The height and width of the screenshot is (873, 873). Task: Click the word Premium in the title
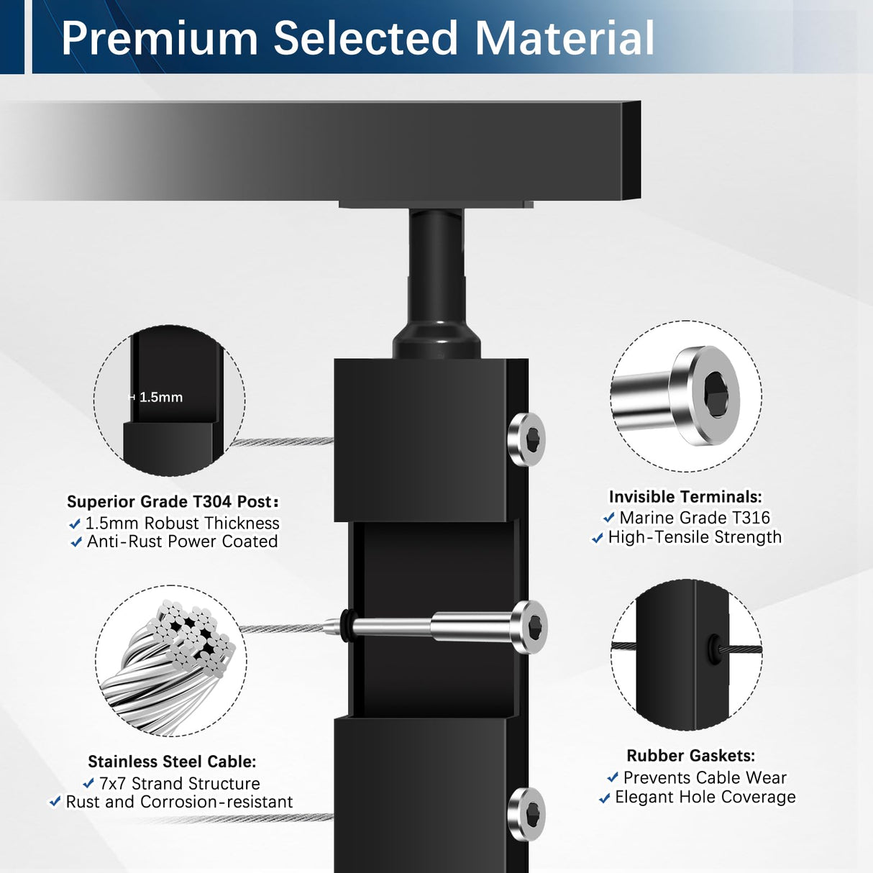coord(159,38)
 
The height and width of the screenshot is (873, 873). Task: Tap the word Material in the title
coord(565,38)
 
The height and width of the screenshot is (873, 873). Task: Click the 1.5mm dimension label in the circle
coord(160,397)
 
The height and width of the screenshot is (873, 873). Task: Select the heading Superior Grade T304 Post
coord(172,501)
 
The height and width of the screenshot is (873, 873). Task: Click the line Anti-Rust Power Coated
coord(182,541)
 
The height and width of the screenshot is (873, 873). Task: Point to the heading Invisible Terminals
coord(685,497)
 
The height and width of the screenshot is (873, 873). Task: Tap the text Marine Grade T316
coord(694,518)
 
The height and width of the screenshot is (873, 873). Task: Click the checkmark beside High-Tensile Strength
coord(598,538)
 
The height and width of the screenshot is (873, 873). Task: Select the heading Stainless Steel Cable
coord(172,762)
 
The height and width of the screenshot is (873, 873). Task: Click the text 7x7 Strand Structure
coord(179,783)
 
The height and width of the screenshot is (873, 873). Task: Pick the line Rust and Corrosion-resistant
coord(179,802)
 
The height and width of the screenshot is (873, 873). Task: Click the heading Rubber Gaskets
coord(690,756)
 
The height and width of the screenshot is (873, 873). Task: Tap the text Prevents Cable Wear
coord(704,777)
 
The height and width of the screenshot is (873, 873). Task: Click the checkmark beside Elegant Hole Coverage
coord(605,797)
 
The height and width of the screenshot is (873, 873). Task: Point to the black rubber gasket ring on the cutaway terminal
coord(347,626)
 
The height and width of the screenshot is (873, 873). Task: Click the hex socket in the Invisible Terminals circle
coord(716,395)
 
